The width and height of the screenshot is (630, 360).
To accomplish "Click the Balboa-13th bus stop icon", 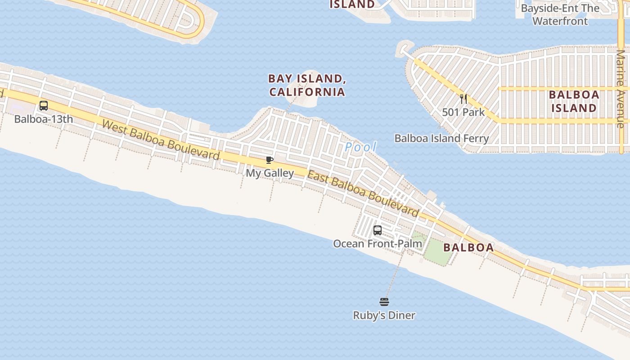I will pos(44,106).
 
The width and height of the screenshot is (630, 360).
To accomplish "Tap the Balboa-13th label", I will pos(44,119).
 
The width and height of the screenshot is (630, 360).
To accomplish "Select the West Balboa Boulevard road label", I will pos(161,140).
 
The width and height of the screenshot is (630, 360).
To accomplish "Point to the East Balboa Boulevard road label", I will pos(363,193).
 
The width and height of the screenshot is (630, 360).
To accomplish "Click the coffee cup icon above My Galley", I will pos(269,160).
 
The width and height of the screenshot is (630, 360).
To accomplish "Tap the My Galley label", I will pos(270,173).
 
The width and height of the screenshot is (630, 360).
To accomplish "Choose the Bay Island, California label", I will pos(307,85).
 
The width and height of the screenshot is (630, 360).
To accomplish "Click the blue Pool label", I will pos(360,147).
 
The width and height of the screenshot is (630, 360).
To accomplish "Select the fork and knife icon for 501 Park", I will pos(463,99).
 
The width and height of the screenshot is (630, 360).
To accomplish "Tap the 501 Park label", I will pos(463,112).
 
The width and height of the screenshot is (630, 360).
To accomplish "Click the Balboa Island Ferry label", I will pos(441,138).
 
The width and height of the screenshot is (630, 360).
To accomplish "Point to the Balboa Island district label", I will pos(574,101).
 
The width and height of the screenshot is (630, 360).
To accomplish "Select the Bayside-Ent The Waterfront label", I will pos(560,14).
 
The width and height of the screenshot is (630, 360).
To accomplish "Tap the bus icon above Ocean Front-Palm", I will pos(378,230).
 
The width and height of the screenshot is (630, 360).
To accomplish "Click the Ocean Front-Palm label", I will pos(378,244).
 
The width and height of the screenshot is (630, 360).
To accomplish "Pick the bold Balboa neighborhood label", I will pos(468,247).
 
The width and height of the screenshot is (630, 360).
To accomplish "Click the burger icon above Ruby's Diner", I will pos(384,301).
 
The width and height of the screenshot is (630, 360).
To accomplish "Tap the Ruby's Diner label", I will pos(384,315).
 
